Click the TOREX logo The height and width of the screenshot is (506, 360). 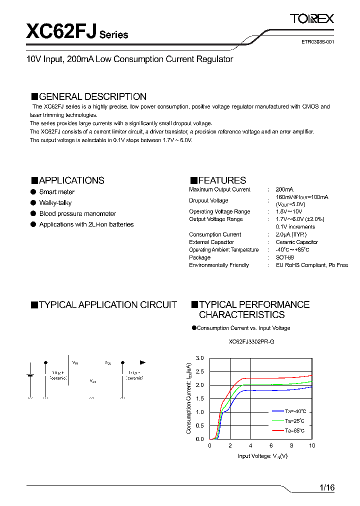[x=311, y=19]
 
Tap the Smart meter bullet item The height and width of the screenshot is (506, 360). [x=56, y=192]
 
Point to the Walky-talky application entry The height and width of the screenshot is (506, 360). [x=55, y=203]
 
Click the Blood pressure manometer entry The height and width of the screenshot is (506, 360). [x=77, y=214]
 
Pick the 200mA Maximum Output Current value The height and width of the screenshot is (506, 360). [x=284, y=189]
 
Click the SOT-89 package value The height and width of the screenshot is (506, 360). [x=284, y=257]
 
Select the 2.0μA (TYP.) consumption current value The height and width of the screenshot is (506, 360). [x=291, y=234]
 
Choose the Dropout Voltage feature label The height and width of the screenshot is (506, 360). [x=208, y=200]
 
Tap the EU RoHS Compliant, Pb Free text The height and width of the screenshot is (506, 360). [x=311, y=265]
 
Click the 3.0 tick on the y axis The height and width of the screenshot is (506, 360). [x=200, y=358]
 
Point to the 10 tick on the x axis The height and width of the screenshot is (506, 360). [x=312, y=445]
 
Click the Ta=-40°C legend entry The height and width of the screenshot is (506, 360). [x=295, y=410]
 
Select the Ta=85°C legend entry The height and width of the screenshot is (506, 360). [x=294, y=430]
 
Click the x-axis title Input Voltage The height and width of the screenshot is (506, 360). [x=262, y=455]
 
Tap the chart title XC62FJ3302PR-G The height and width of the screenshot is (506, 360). [x=251, y=342]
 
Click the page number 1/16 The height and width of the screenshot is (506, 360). [x=326, y=487]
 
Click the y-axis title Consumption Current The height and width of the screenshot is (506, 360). [x=189, y=398]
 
